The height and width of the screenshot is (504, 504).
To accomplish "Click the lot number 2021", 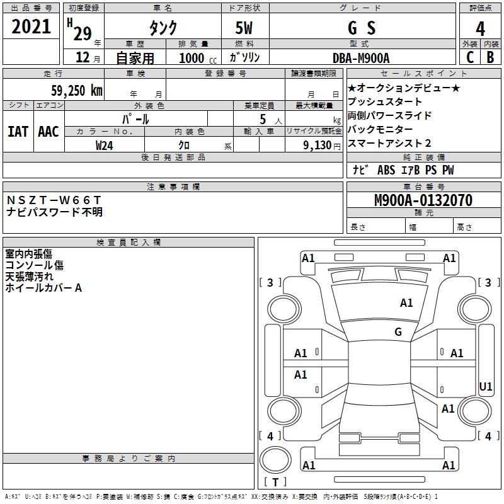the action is [31, 28].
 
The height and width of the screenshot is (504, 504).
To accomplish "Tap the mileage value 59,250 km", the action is [76, 91].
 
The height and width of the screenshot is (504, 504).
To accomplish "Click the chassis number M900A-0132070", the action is [423, 200].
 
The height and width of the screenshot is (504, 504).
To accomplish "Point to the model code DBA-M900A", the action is [361, 58].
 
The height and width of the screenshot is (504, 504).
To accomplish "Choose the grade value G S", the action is [362, 28].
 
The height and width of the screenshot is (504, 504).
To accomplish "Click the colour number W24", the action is [104, 145].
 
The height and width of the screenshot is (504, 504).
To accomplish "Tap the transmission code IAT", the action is [18, 131].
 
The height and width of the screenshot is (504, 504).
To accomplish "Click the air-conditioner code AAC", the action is [49, 131].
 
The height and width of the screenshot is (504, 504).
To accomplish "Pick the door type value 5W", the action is [245, 28].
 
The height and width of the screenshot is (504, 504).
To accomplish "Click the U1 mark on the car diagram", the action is [486, 386].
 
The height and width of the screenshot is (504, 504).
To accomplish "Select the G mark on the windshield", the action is [398, 332].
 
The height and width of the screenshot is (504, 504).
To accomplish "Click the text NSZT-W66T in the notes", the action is [54, 200].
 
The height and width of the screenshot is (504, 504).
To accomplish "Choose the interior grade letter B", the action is [491, 58].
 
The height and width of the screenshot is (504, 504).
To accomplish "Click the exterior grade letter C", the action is [469, 58].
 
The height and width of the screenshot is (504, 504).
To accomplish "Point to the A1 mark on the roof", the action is [406, 303].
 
